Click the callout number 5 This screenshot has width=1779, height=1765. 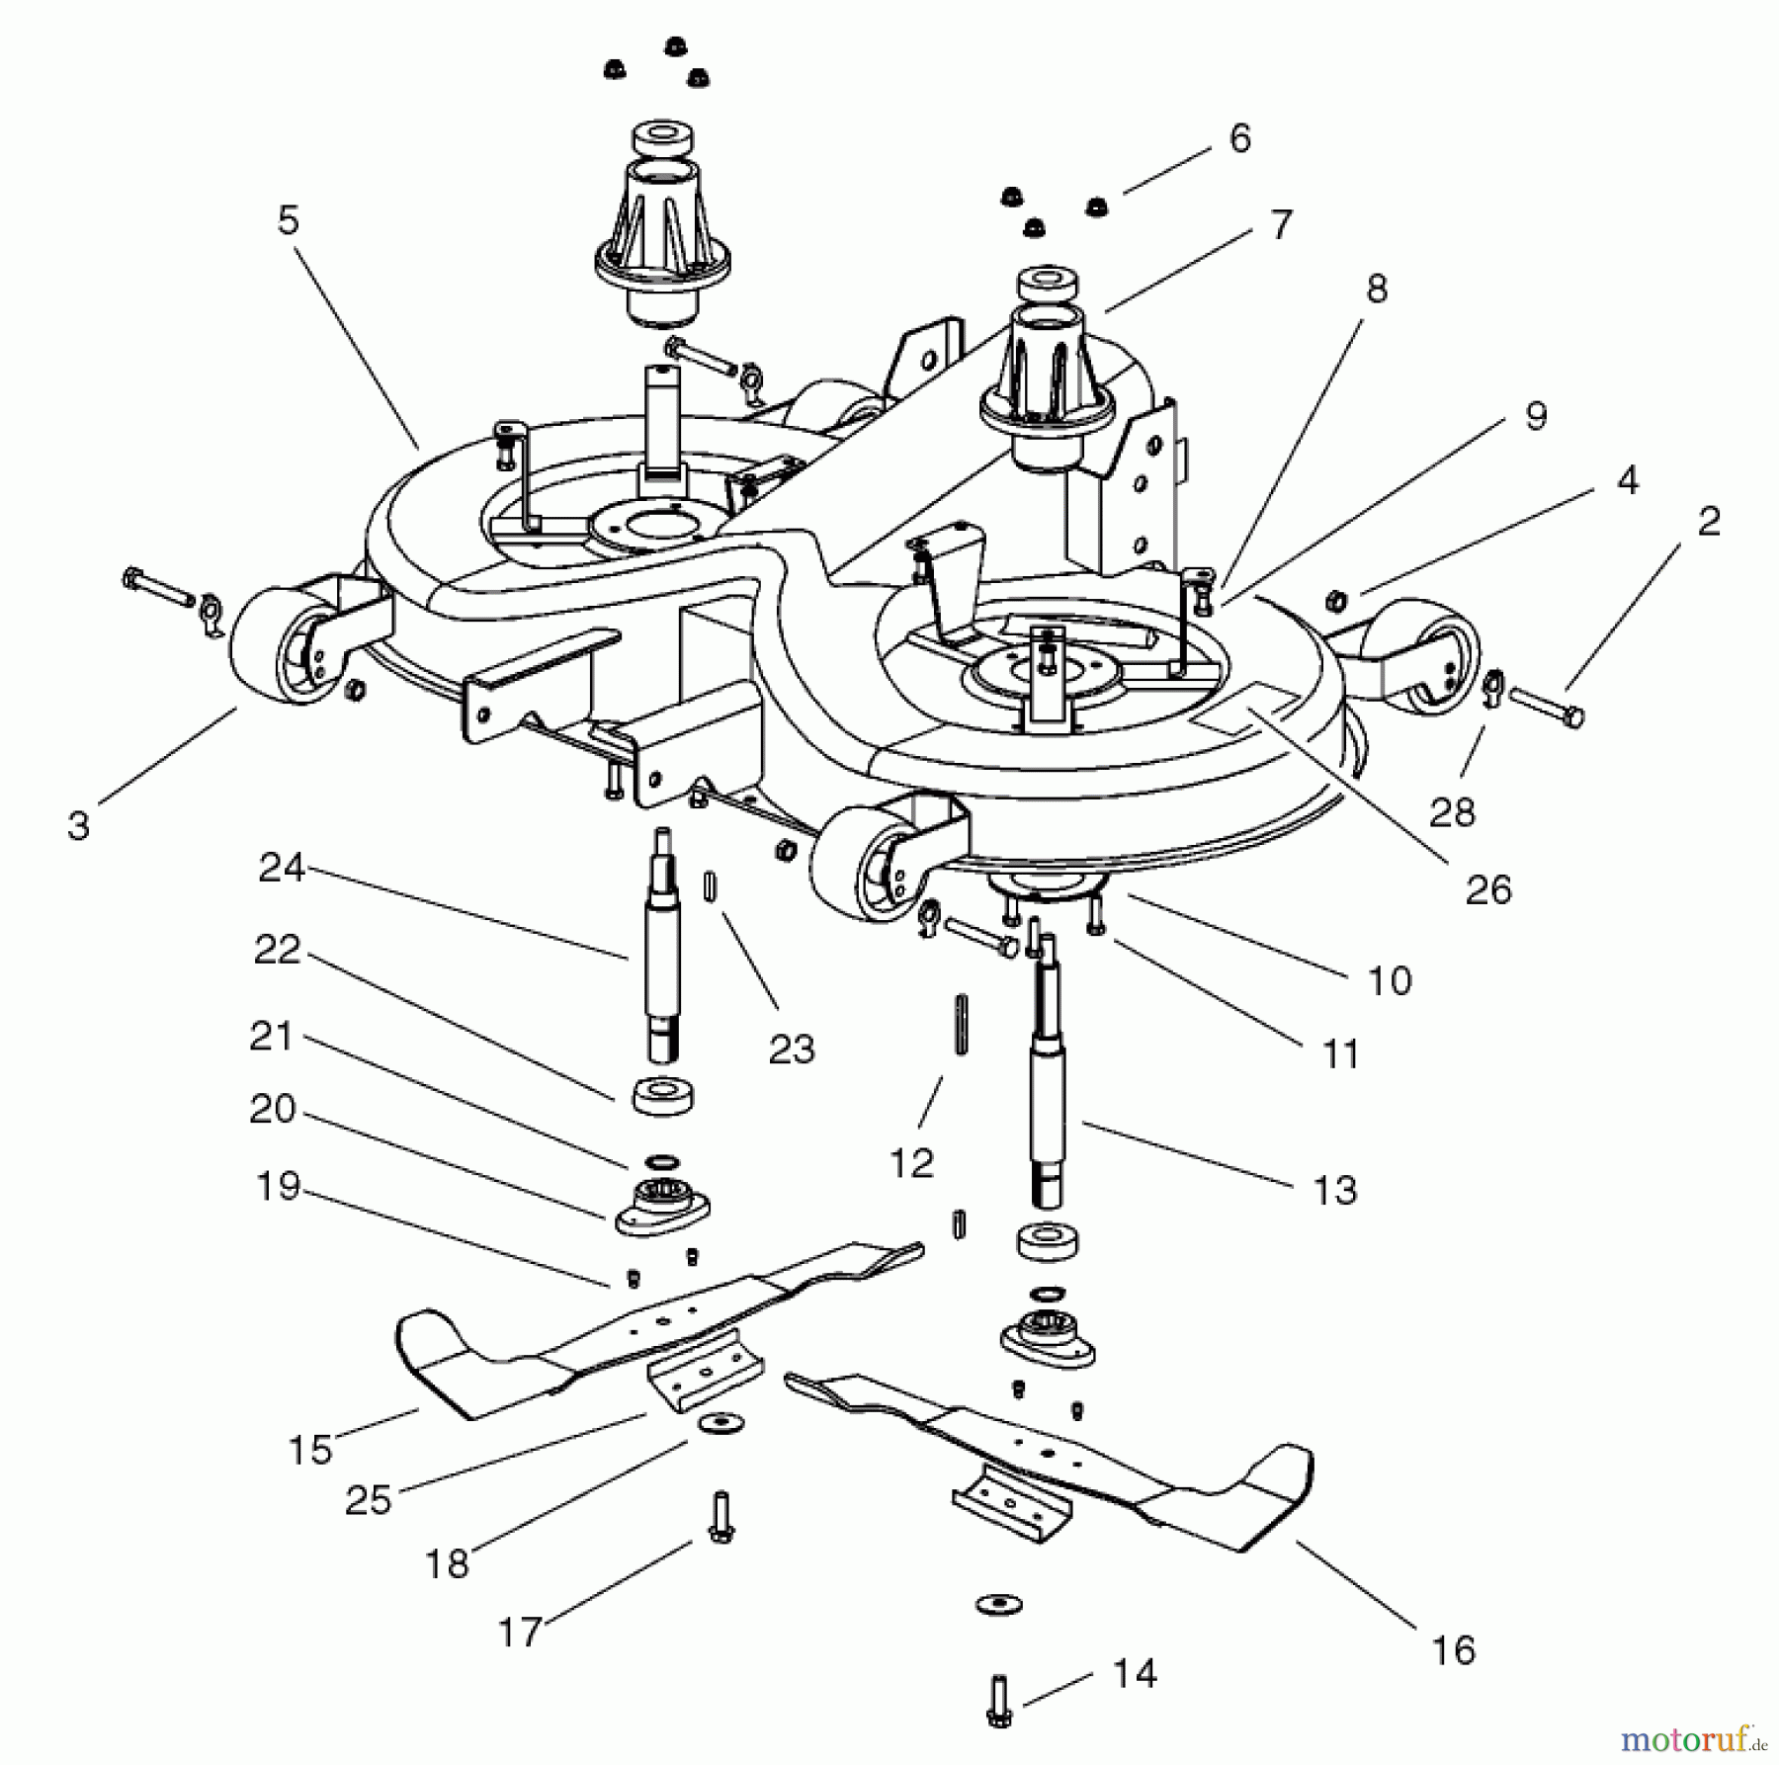point(288,220)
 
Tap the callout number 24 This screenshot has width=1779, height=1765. point(281,868)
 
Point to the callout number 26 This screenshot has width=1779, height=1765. point(1488,889)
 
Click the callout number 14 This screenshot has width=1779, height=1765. point(1135,1673)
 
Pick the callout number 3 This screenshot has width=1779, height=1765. point(79,825)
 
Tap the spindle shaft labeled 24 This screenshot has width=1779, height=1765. point(660,949)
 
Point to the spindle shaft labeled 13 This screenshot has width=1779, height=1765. point(1048,1097)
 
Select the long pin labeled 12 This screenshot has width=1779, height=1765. point(958,1025)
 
